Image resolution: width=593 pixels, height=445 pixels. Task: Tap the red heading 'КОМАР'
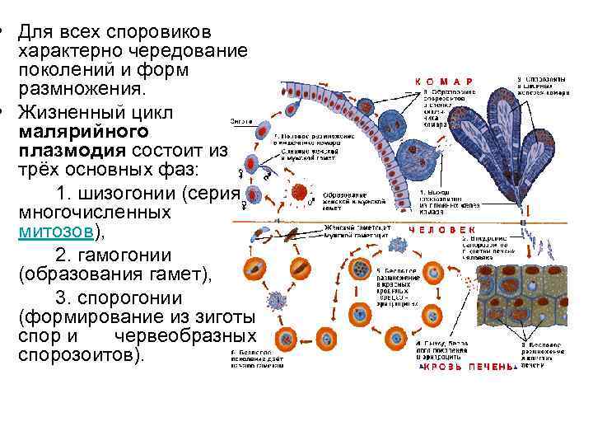[x=444, y=81]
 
